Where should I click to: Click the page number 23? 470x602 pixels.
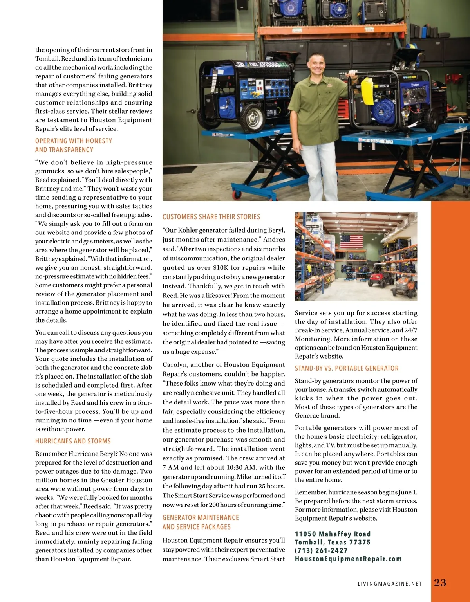pyautogui.click(x=440, y=582)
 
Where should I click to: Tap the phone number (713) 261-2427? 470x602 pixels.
pyautogui.click(x=321, y=550)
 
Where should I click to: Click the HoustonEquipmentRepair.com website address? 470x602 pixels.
pyautogui.click(x=348, y=559)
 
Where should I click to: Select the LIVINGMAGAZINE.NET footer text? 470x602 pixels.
pyautogui.click(x=390, y=584)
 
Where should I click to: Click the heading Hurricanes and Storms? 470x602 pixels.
pyautogui.click(x=73, y=441)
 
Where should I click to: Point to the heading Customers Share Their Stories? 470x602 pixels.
pyautogui.click(x=211, y=217)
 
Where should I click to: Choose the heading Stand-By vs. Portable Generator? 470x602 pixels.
pyautogui.click(x=347, y=368)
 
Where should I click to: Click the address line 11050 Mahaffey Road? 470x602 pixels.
pyautogui.click(x=333, y=534)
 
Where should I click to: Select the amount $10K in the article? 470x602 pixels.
pyautogui.click(x=221, y=268)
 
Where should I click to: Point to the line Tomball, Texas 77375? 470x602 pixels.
pyautogui.click(x=333, y=542)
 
